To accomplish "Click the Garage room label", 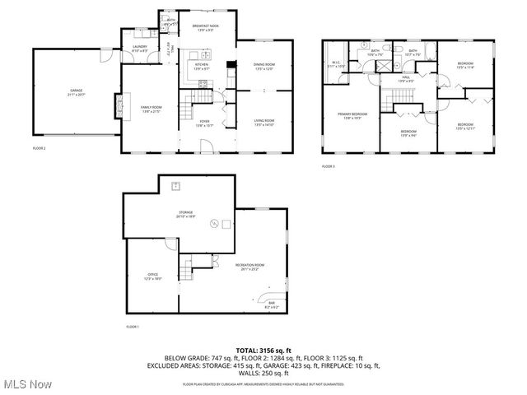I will [x=77, y=93].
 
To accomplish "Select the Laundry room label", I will [x=140, y=49].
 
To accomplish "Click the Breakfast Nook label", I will [x=204, y=27].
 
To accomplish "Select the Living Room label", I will [x=263, y=123].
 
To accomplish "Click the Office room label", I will [x=153, y=276].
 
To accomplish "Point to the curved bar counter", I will [x=268, y=300].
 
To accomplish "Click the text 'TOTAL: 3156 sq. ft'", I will [x=263, y=350].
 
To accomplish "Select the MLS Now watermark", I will [x=26, y=384].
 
